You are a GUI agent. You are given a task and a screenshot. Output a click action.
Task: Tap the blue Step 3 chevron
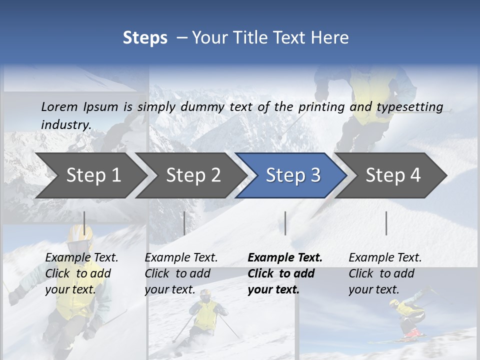click(293, 175)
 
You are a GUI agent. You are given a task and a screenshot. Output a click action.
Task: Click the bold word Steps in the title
click(145, 37)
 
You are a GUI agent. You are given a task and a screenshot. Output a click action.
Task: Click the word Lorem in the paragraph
click(59, 106)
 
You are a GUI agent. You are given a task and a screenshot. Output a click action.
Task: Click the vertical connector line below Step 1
click(84, 223)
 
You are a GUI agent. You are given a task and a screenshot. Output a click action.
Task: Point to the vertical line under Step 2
click(184, 223)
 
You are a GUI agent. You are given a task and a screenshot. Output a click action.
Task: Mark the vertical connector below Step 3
click(285, 223)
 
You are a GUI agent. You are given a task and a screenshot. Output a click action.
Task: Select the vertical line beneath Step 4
click(386, 223)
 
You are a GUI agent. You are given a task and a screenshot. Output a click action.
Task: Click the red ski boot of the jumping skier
click(411, 332)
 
